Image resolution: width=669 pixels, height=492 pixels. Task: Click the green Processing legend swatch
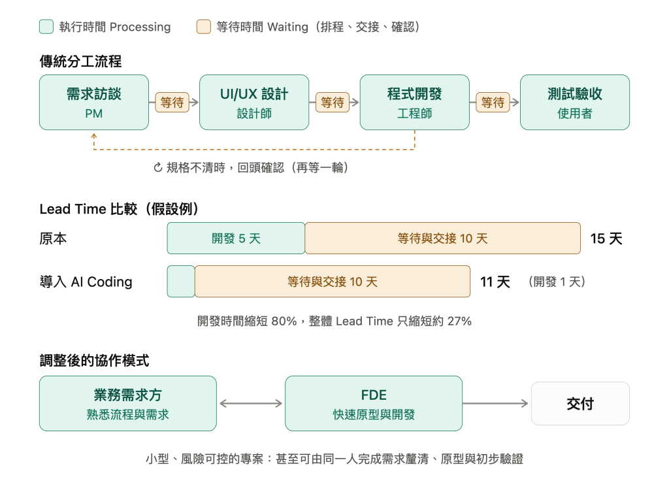coord(46,26)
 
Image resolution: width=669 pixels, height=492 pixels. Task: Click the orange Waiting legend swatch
coord(204,26)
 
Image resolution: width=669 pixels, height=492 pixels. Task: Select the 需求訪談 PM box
coord(94,103)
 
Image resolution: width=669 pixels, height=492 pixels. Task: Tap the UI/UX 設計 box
coord(254,103)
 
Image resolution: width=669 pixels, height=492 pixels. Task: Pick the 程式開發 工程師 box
coord(415,103)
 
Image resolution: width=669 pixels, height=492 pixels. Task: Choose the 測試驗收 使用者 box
coord(575,103)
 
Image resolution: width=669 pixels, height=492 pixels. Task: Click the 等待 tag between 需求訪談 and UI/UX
coord(172,103)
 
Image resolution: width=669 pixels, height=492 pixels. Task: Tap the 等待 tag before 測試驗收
coord(493,103)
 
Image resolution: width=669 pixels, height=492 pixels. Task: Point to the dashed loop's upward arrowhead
coord(94,136)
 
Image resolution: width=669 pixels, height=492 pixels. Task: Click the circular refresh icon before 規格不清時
coord(158,168)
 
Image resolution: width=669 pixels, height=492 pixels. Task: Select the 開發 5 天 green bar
coord(236,238)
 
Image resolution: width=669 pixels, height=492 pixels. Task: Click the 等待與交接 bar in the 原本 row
coord(442,238)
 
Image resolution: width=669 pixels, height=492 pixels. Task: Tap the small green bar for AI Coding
coord(181,281)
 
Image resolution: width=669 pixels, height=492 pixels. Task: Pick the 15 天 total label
coord(606,238)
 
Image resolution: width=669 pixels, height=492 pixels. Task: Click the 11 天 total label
coord(495,282)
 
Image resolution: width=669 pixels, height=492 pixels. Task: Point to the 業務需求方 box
coord(128,403)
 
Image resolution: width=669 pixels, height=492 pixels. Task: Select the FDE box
coord(374,403)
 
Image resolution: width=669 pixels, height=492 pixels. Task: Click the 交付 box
coord(580,403)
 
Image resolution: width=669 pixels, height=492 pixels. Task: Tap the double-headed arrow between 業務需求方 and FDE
coord(251,403)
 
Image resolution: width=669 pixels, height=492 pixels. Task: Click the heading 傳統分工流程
coord(80,61)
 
